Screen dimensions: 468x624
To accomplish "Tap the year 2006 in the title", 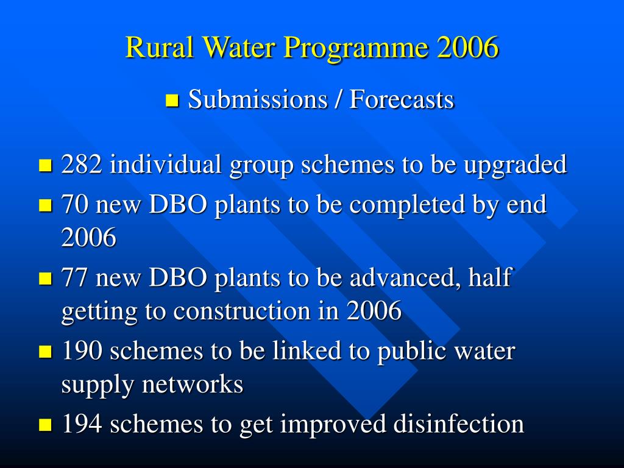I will [467, 47].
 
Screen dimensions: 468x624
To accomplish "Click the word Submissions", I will [258, 99].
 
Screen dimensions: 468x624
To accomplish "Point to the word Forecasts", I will [402, 99].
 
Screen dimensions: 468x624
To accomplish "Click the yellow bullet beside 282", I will [45, 166].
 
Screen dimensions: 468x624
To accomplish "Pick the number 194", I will [82, 424].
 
